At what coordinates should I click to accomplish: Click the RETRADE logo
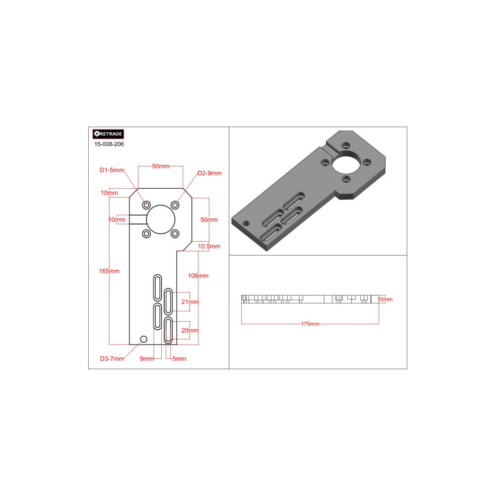pos(108,134)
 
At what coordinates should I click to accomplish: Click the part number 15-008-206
pos(109,144)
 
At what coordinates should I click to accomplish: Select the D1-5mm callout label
pos(112,170)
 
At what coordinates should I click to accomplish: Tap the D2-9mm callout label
pos(209,174)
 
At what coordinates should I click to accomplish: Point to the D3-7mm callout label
pos(112,359)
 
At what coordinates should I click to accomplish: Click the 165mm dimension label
pos(109,271)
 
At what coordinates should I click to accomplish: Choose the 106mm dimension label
pos(198,276)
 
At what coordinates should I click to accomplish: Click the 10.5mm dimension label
pos(209,247)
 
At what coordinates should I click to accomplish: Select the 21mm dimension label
pos(190,302)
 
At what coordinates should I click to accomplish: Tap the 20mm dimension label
pos(190,331)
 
